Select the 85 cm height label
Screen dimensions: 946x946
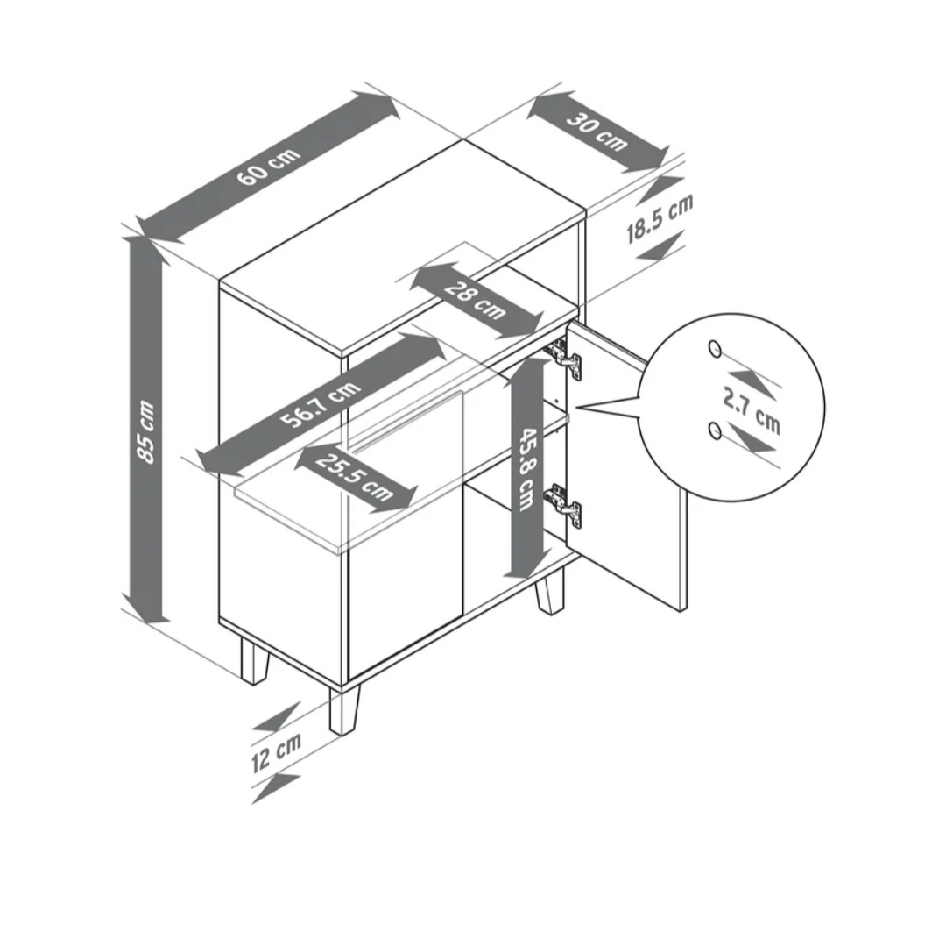(x=146, y=431)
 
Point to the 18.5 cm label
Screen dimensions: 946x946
(x=660, y=218)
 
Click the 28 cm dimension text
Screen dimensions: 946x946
(x=475, y=300)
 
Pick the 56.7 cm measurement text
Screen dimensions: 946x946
(x=321, y=404)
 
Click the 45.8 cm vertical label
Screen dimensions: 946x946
(x=527, y=469)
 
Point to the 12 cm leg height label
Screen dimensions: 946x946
(x=276, y=752)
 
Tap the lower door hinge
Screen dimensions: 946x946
(x=563, y=505)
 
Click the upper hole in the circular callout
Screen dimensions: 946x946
(x=715, y=348)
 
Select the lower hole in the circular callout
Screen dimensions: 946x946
(x=715, y=430)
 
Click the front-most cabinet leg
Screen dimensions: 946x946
(x=344, y=710)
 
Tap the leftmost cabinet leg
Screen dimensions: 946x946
(x=253, y=660)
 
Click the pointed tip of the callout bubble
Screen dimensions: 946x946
(x=578, y=408)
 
